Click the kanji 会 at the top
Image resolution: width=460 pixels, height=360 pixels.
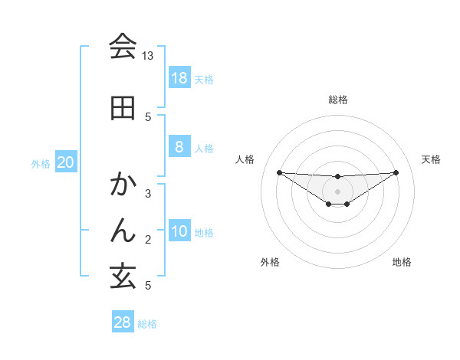[123, 47]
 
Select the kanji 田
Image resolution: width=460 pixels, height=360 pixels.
[123, 107]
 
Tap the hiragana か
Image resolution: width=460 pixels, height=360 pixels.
[123, 185]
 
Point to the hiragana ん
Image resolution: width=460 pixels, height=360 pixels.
[123, 229]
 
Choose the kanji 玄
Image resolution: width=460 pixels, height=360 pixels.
[123, 276]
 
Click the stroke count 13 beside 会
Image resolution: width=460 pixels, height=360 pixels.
[148, 56]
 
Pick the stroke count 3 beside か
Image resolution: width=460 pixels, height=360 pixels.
[148, 194]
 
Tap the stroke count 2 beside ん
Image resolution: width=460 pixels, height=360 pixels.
[148, 240]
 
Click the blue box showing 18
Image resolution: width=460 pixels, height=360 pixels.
[179, 78]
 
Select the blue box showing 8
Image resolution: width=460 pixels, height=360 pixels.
[179, 147]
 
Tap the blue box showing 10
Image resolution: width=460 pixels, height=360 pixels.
[179, 231]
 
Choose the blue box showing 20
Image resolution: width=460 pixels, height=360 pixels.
[66, 162]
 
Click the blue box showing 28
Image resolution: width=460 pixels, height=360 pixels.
[122, 322]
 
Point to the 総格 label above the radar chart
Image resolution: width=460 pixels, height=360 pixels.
[338, 100]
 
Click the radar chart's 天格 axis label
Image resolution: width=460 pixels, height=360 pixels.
[432, 159]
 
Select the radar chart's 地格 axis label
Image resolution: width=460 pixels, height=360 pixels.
[402, 262]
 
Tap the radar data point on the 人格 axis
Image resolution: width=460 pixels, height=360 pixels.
[279, 172]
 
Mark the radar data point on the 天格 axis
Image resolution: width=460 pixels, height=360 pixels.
[396, 172]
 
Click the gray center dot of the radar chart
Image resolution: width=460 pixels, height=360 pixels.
[338, 191]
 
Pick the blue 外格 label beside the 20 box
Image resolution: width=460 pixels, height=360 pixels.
[41, 163]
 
